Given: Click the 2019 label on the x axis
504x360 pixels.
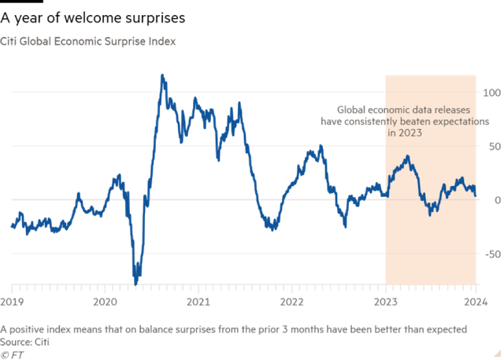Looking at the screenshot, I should click(x=13, y=302).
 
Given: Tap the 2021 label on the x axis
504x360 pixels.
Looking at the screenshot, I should click(x=198, y=302).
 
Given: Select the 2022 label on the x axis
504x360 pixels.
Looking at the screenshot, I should click(x=291, y=302).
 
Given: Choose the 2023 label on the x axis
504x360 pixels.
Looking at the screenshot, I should click(x=384, y=302).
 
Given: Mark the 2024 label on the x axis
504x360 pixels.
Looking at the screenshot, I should click(x=475, y=302).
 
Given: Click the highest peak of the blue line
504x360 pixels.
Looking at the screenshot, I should click(x=162, y=76).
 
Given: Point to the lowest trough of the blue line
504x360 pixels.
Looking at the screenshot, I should click(x=136, y=281).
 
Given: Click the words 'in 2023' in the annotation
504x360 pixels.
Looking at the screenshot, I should click(x=405, y=133).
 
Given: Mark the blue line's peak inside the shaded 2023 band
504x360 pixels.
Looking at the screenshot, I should click(x=407, y=157).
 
